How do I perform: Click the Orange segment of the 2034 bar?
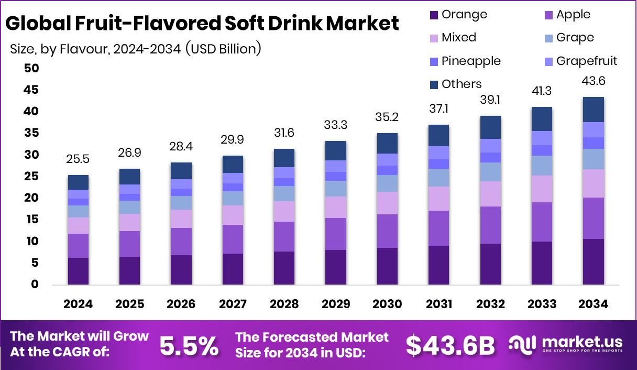(x=593, y=262)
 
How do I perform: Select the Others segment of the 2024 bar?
(x=78, y=182)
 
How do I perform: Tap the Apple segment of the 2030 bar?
(x=387, y=231)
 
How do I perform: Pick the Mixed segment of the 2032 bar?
(x=490, y=194)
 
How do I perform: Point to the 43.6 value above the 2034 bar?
(x=593, y=81)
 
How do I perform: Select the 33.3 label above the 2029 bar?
(x=336, y=125)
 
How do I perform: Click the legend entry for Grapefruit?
(x=586, y=61)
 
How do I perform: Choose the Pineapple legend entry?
(x=470, y=61)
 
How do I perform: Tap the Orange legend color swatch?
(x=433, y=15)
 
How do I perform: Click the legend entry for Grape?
(x=575, y=38)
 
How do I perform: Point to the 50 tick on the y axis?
(x=31, y=68)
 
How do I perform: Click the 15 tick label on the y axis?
(x=31, y=220)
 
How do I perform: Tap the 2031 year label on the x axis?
(x=439, y=304)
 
